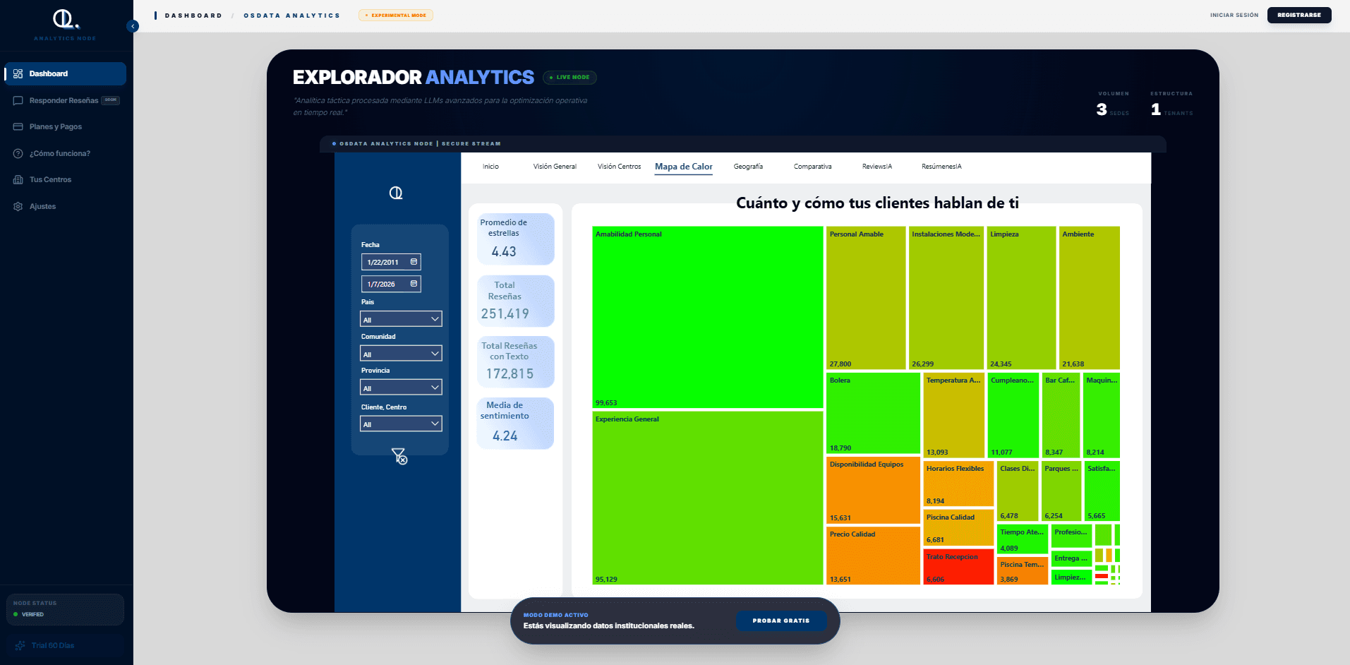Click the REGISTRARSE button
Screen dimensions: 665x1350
(x=1298, y=15)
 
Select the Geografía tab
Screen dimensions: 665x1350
(x=748, y=167)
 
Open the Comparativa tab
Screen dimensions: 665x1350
(x=812, y=167)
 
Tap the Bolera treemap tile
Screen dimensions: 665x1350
(x=872, y=414)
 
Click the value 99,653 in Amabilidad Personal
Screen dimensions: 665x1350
(x=606, y=403)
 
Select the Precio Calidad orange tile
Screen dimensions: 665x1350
(x=872, y=556)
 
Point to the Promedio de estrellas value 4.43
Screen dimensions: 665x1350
(x=504, y=252)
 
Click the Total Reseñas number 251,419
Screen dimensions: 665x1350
(x=505, y=314)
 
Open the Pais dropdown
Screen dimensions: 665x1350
(x=401, y=319)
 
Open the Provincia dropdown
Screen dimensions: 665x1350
(x=401, y=388)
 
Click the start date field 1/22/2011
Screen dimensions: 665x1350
(x=391, y=262)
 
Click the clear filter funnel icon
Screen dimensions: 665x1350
(x=399, y=457)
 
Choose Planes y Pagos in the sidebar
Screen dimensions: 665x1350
(x=55, y=127)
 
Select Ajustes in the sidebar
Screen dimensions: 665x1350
(x=42, y=207)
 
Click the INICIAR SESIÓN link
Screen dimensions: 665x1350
(x=1234, y=15)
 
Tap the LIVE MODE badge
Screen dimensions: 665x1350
(x=570, y=78)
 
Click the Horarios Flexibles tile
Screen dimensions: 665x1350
(x=958, y=484)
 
